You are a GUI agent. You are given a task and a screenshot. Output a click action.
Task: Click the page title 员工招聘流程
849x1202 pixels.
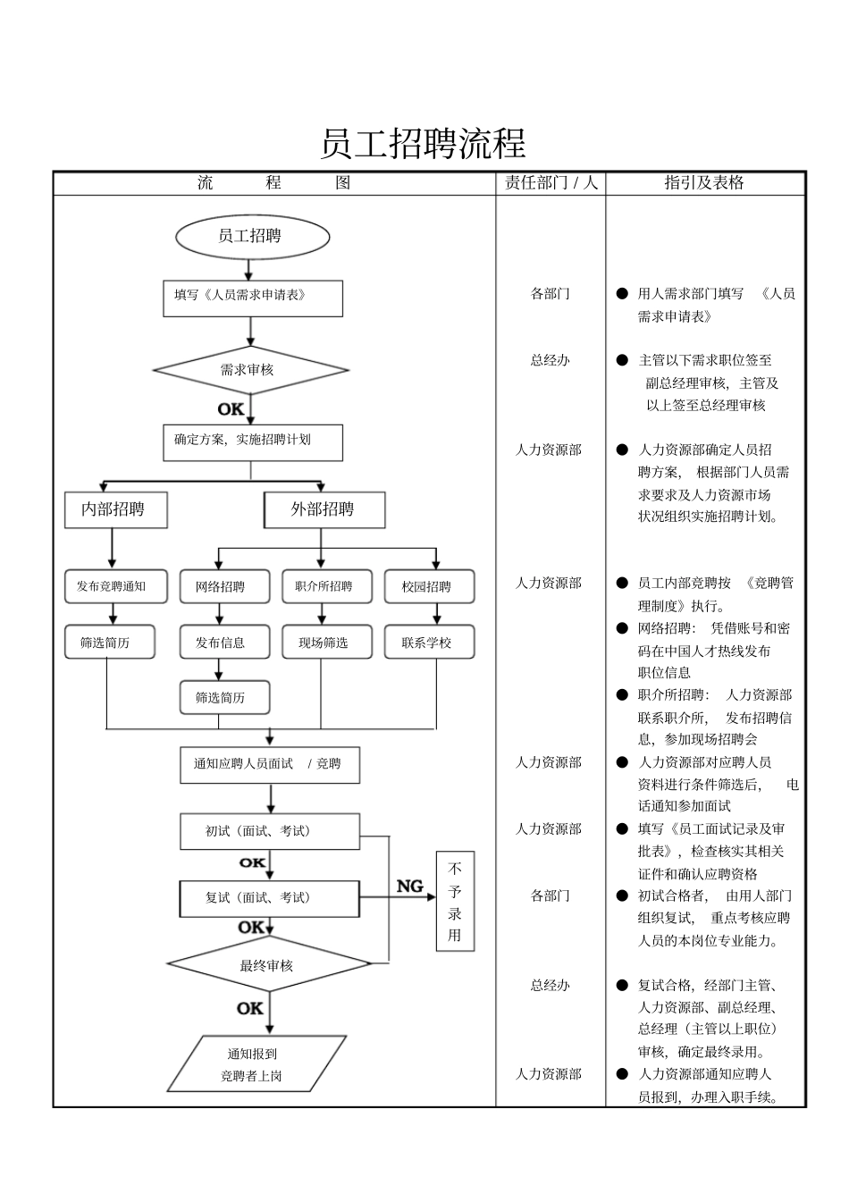pyautogui.click(x=423, y=144)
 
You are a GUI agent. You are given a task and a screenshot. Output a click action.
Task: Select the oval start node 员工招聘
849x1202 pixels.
pyautogui.click(x=252, y=237)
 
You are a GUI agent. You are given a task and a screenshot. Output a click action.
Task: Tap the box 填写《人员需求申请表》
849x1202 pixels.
pyautogui.click(x=252, y=298)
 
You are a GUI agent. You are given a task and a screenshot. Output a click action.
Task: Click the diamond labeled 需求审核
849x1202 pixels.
pyautogui.click(x=250, y=370)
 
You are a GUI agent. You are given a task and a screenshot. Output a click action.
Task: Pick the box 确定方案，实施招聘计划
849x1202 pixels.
pyautogui.click(x=252, y=442)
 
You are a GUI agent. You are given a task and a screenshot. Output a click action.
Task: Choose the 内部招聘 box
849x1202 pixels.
pyautogui.click(x=115, y=509)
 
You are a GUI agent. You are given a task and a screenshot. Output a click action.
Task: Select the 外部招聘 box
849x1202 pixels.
pyautogui.click(x=324, y=509)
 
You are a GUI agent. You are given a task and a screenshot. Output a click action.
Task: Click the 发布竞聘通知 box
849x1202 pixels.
pyautogui.click(x=115, y=586)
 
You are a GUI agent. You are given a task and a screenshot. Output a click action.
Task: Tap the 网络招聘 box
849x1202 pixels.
pyautogui.click(x=220, y=586)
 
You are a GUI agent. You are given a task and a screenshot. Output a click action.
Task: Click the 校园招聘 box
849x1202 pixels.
pyautogui.click(x=429, y=586)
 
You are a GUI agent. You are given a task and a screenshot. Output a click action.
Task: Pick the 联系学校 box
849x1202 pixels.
pyautogui.click(x=429, y=642)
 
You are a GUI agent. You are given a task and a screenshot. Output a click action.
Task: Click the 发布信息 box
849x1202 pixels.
pyautogui.click(x=220, y=642)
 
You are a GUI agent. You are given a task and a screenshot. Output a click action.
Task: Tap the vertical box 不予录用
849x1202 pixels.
pyautogui.click(x=455, y=901)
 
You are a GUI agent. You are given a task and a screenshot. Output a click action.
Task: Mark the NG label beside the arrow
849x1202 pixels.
pyautogui.click(x=410, y=886)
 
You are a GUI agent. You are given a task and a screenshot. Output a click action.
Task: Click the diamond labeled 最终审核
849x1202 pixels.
pyautogui.click(x=268, y=965)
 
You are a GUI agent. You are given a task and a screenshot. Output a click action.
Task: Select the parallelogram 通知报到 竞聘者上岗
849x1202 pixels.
pyautogui.click(x=256, y=1064)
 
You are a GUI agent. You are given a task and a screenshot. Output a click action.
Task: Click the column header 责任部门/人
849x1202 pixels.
pyautogui.click(x=551, y=183)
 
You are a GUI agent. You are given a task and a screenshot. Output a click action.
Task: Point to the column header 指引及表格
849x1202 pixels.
pyautogui.click(x=705, y=183)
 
